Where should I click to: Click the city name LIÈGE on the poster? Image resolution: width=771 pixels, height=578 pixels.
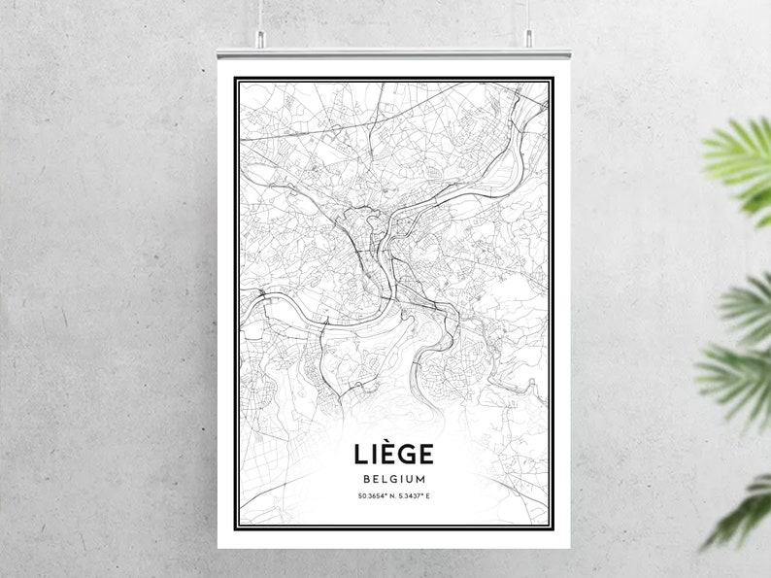click(x=393, y=454)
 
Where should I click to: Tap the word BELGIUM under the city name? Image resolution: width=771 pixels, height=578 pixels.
click(x=393, y=479)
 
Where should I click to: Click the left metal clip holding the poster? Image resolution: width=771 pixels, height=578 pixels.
click(x=259, y=39)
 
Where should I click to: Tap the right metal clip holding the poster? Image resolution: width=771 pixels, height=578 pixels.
click(x=529, y=39)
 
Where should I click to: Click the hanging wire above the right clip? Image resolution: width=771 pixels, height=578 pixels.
click(x=529, y=14)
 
